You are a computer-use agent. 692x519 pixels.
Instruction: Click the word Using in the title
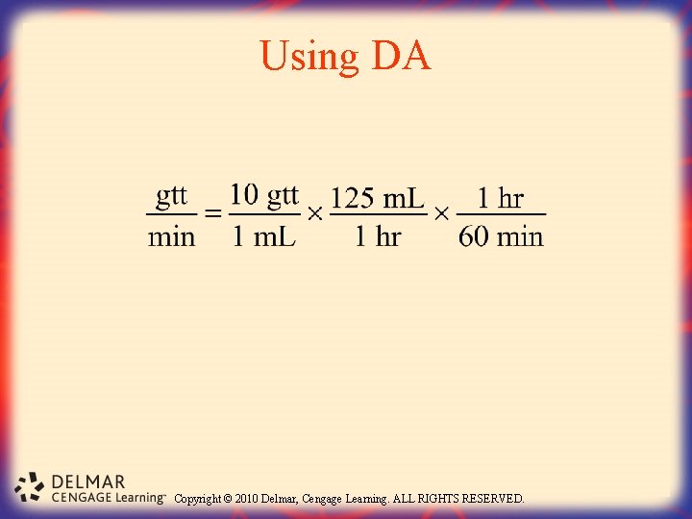[x=309, y=58]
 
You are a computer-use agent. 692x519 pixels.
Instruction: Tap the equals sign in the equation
[x=213, y=214]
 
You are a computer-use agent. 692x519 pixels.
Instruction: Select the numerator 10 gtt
[x=264, y=196]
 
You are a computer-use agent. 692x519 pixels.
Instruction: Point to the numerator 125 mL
[x=377, y=198]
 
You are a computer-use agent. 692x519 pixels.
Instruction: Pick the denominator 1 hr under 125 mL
[x=377, y=236]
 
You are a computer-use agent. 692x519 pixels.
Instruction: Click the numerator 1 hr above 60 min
[x=500, y=199]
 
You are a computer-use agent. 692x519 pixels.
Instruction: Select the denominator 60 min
[x=501, y=236]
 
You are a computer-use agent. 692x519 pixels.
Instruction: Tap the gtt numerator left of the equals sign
[x=172, y=196]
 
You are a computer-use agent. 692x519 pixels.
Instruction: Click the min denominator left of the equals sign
[x=171, y=236]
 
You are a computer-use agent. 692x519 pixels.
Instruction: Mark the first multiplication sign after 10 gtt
[x=314, y=214]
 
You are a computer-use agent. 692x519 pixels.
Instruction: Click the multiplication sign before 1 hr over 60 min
[x=441, y=214]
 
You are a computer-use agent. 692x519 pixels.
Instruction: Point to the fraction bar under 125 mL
[x=377, y=214]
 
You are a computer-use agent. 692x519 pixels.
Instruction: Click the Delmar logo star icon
[x=31, y=487]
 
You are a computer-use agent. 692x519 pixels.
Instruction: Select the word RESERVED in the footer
[x=493, y=499]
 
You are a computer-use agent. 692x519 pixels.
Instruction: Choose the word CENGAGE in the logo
[x=81, y=498]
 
